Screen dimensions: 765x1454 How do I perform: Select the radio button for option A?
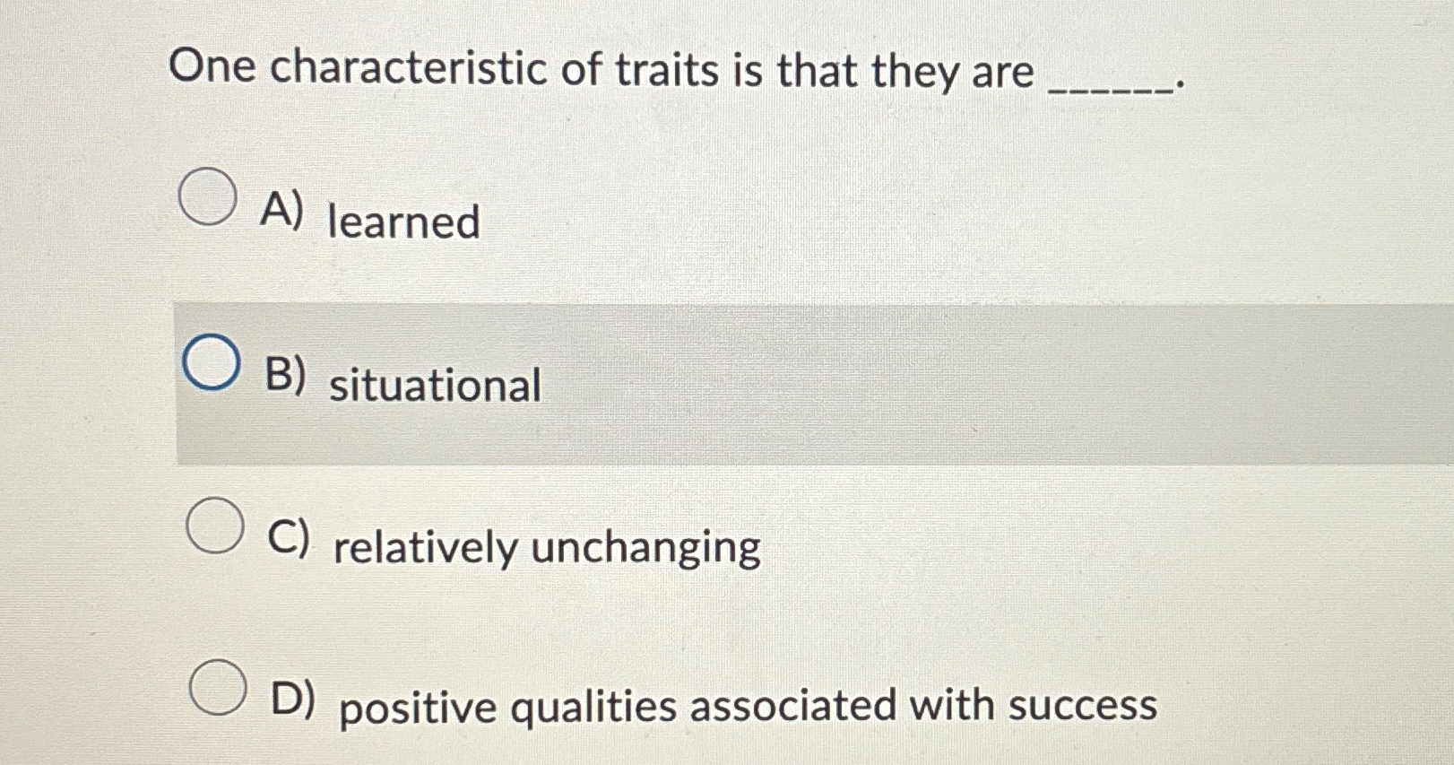click(x=208, y=197)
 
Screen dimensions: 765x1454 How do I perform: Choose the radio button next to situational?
click(x=212, y=362)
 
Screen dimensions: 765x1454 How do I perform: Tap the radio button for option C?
click(x=215, y=526)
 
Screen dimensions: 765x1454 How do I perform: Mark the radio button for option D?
click(x=218, y=687)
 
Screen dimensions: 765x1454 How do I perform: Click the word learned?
click(x=403, y=222)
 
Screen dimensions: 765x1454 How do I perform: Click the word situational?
click(x=435, y=386)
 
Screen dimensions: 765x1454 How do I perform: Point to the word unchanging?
click(x=645, y=547)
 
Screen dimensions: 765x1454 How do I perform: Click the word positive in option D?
click(x=418, y=708)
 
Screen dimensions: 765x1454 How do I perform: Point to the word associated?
click(x=792, y=705)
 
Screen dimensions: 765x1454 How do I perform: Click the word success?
click(x=1082, y=705)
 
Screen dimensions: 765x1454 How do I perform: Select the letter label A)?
click(x=281, y=212)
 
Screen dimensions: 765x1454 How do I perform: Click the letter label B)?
click(x=286, y=375)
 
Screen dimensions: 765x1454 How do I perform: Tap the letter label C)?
click(x=290, y=538)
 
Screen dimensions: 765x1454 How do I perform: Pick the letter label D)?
click(x=293, y=700)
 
